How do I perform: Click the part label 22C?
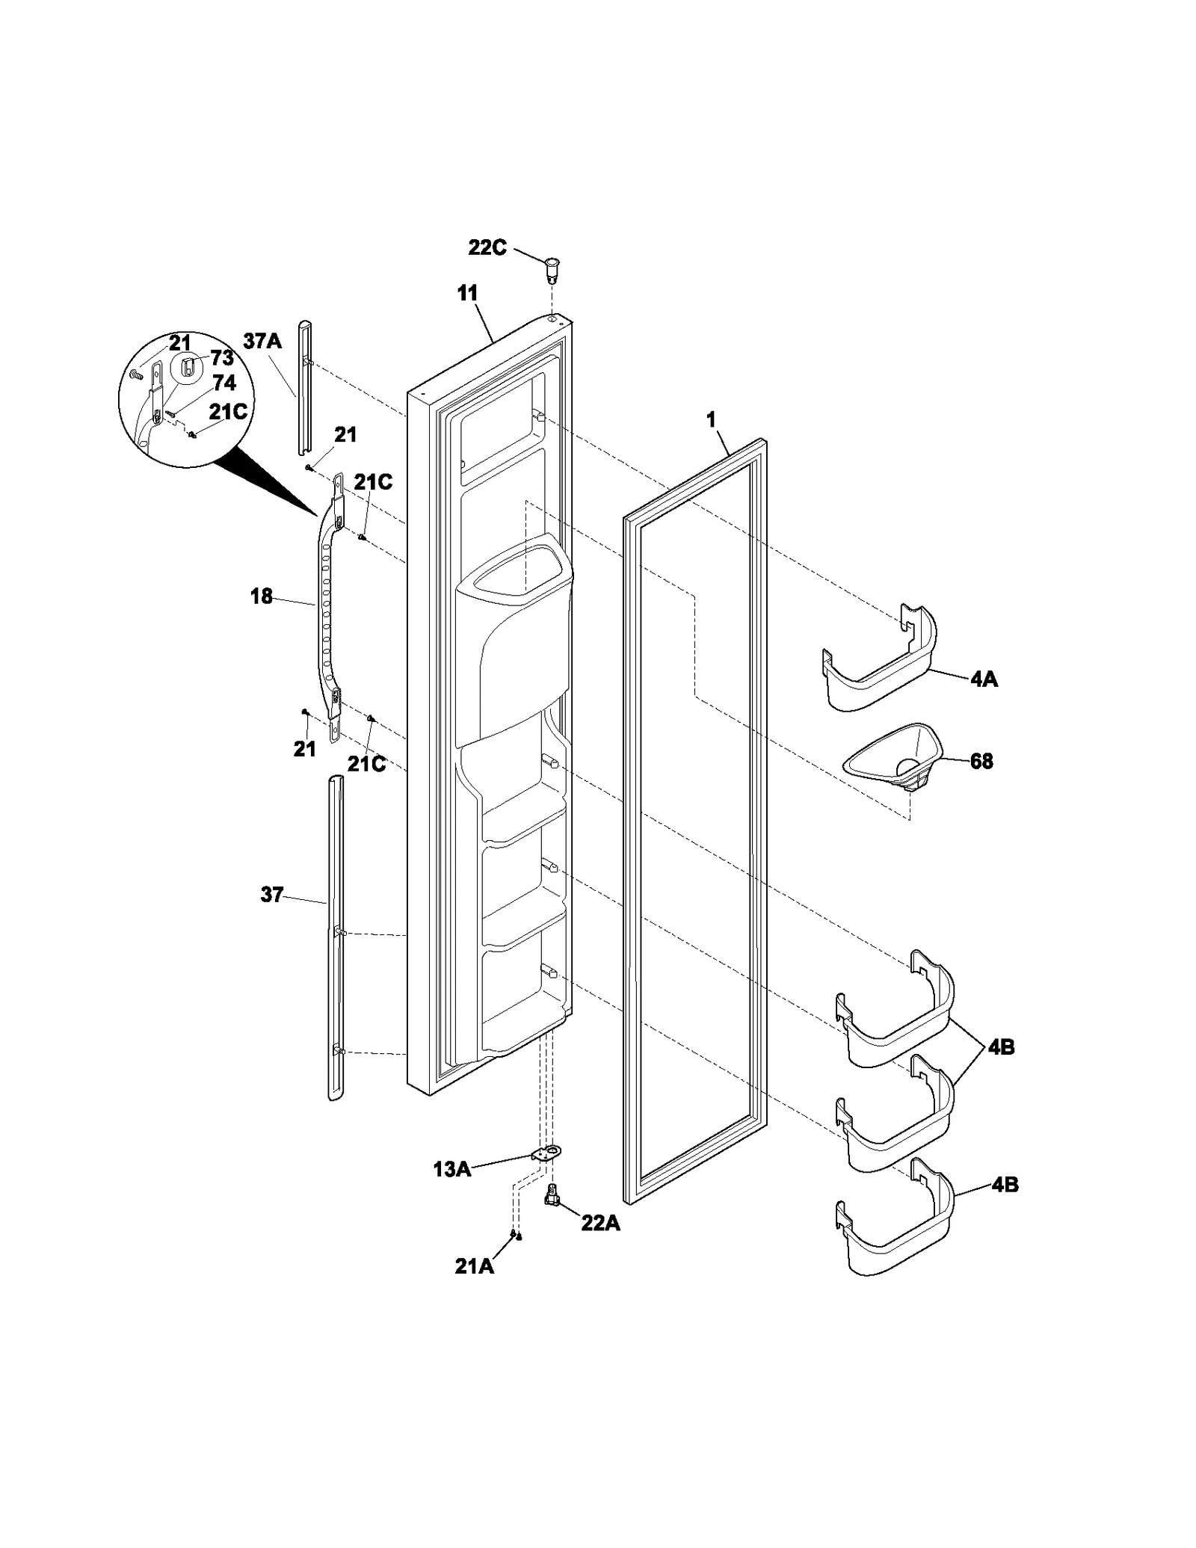(x=487, y=247)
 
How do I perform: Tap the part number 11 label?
(x=467, y=293)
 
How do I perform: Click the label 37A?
(x=262, y=342)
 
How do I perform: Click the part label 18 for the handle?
(x=261, y=596)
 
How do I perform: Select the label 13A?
(x=451, y=1170)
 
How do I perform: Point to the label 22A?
(x=601, y=1224)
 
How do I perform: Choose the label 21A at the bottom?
(x=474, y=1266)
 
